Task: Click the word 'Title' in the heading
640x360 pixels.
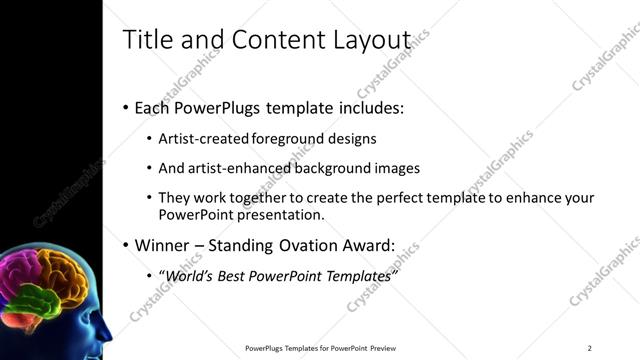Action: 144,40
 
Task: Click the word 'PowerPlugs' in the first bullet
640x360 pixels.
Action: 214,107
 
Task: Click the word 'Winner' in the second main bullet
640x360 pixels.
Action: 161,245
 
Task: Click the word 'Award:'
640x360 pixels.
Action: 368,245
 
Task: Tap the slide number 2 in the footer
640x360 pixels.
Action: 589,348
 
